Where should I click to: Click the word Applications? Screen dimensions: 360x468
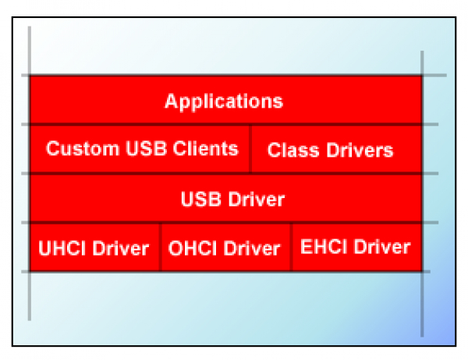[x=225, y=101]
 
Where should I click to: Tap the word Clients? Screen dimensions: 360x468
[x=207, y=148]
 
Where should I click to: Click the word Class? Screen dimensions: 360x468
[x=288, y=150]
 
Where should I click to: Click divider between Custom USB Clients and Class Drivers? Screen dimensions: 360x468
[x=250, y=148]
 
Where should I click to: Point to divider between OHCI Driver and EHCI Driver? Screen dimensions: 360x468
[x=291, y=247]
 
